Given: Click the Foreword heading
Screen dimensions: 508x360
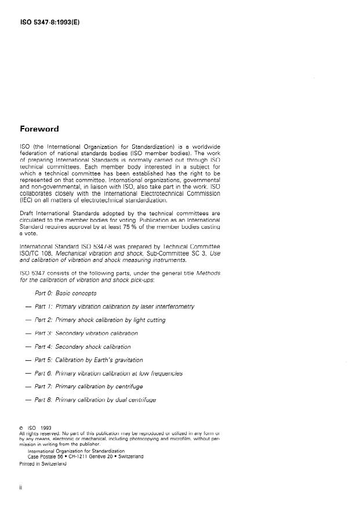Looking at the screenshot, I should [x=41, y=129].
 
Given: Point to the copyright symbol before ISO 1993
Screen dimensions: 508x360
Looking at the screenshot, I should [x=21, y=429].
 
